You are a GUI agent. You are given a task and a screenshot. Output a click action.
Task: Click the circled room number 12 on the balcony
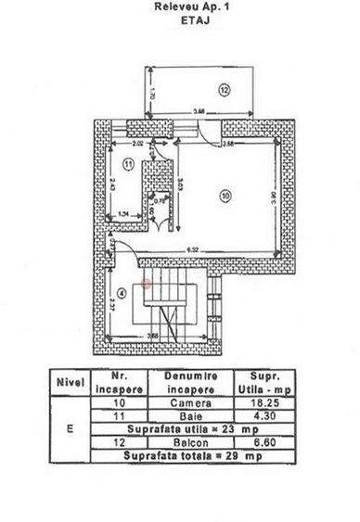(223, 90)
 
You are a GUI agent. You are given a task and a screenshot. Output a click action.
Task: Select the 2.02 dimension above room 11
(137, 144)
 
